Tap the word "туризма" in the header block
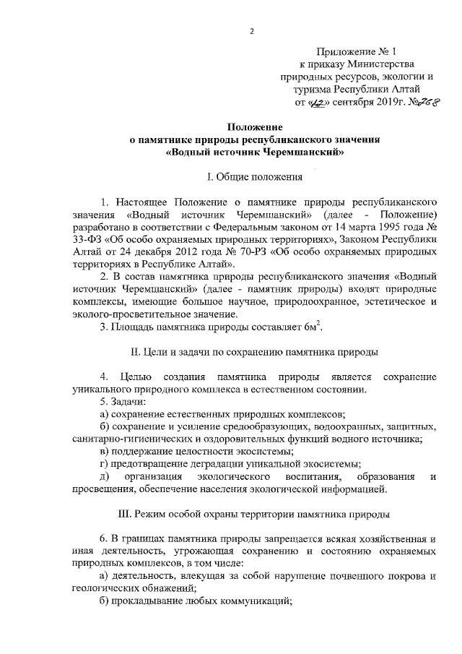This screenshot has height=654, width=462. click(313, 91)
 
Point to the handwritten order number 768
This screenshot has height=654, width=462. click(426, 103)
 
